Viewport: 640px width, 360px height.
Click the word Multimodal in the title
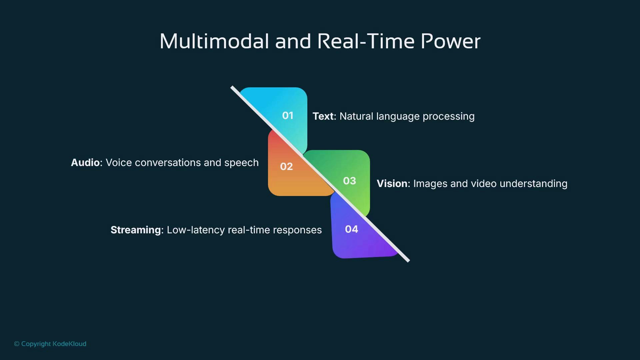pyautogui.click(x=214, y=41)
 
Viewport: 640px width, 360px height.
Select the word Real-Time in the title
pyautogui.click(x=366, y=41)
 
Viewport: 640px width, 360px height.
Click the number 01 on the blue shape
pyautogui.click(x=288, y=116)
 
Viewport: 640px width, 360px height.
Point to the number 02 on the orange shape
pyautogui.click(x=286, y=166)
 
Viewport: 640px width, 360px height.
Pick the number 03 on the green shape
pyautogui.click(x=349, y=181)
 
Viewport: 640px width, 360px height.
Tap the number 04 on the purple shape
pyautogui.click(x=351, y=229)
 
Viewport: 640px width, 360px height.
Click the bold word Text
pyautogui.click(x=323, y=116)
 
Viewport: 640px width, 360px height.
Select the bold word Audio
pyautogui.click(x=85, y=163)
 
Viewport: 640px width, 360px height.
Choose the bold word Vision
pyautogui.click(x=392, y=184)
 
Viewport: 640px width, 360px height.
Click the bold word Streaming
pyautogui.click(x=136, y=230)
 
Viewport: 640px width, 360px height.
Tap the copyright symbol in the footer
pyautogui.click(x=17, y=344)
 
